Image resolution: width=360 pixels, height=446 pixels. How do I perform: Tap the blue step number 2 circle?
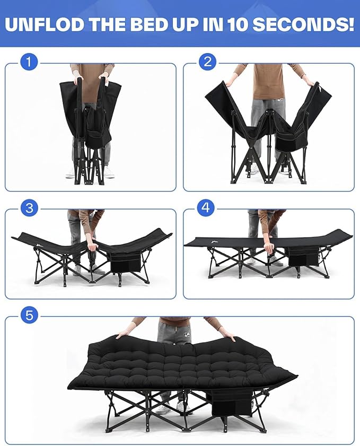point(207,63)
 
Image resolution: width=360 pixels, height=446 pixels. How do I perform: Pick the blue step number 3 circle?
point(29,208)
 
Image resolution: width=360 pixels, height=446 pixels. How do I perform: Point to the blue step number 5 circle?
point(29,316)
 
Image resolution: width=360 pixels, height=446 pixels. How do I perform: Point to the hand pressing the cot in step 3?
point(93,246)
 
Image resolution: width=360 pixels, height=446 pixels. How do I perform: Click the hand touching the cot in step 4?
point(269,247)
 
